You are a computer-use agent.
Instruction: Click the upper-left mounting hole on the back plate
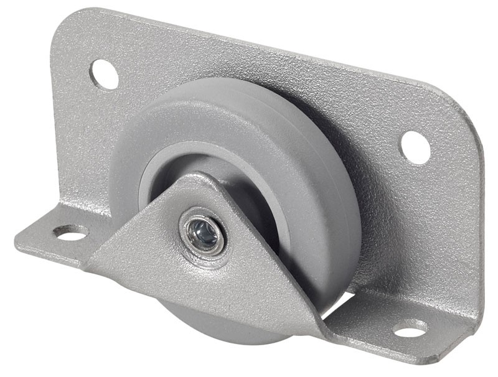pos(104,73)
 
